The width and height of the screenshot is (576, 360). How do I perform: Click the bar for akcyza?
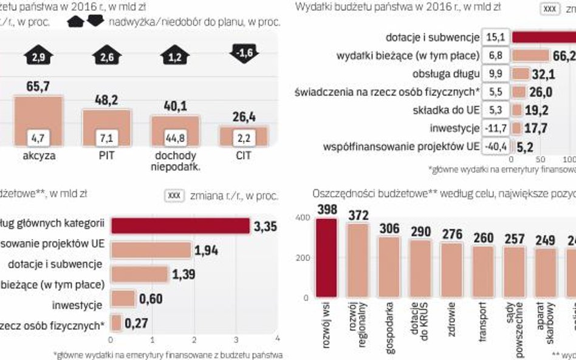38,120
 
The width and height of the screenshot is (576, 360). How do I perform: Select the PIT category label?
106,155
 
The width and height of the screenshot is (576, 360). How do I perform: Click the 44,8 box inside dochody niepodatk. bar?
176,138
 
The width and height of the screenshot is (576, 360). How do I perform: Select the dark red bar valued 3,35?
180,225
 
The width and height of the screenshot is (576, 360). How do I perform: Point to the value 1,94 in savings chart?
206,250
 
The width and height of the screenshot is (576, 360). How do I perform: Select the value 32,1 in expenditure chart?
544,74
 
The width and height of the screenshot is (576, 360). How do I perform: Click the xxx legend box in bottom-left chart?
174,195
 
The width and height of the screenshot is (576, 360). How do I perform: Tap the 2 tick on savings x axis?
193,339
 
